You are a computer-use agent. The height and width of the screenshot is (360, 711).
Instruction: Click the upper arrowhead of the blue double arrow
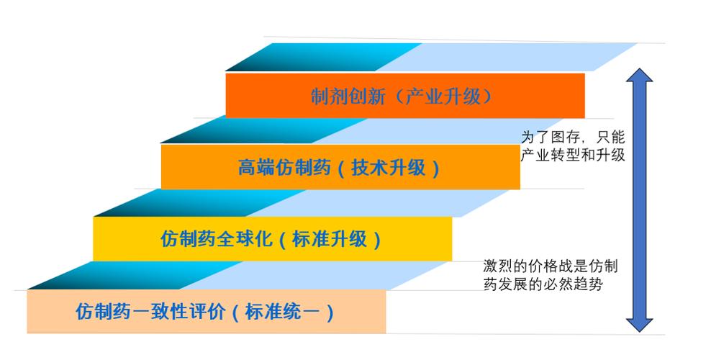coord(638,78)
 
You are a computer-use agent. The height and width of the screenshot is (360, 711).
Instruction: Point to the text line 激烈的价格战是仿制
coord(551,266)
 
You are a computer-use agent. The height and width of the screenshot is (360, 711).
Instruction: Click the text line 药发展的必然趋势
coord(543,284)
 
